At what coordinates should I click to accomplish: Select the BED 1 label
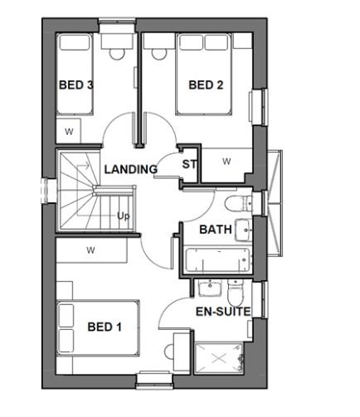[x=105, y=327]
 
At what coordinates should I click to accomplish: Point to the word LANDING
[x=130, y=169]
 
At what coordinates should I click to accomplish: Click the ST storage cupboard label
[x=189, y=164]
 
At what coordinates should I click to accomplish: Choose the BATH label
[x=214, y=230]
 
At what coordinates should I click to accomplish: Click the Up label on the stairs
[x=124, y=216]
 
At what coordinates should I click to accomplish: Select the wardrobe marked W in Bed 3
[x=69, y=130]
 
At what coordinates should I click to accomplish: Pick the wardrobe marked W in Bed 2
[x=226, y=161]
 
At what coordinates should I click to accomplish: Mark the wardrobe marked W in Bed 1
[x=90, y=250]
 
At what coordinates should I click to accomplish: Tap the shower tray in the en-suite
[x=219, y=357]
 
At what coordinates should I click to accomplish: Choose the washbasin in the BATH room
[x=243, y=230]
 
